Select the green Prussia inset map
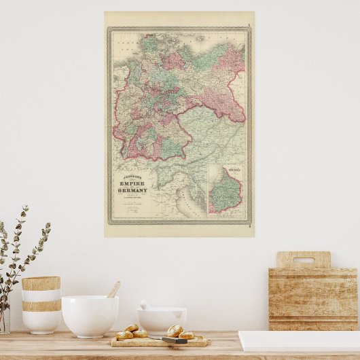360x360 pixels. [x=226, y=192]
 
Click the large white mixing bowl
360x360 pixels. [x=90, y=315]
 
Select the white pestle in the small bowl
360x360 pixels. [x=145, y=305]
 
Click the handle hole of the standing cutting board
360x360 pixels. [x=303, y=259]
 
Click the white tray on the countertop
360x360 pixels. [x=299, y=340]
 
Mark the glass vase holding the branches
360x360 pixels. [x=4, y=319]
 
